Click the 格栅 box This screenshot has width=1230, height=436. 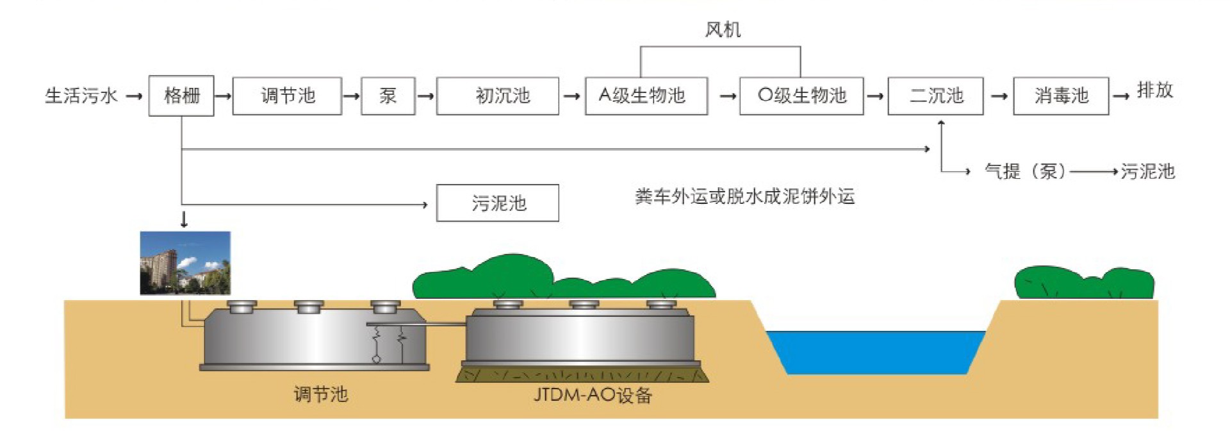pyautogui.click(x=181, y=96)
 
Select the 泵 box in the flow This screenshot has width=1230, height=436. pyautogui.click(x=388, y=96)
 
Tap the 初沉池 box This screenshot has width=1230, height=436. pyautogui.click(x=498, y=96)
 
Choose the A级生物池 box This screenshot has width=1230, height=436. pyautogui.click(x=646, y=96)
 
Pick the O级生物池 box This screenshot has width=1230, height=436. pyautogui.click(x=801, y=96)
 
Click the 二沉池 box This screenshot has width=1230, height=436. pyautogui.click(x=935, y=96)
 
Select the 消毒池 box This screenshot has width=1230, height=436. pyautogui.click(x=1061, y=96)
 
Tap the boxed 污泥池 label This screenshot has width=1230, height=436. pyautogui.click(x=498, y=203)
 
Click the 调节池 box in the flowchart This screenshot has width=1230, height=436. pyautogui.click(x=287, y=96)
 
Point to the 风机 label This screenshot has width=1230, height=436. pyautogui.click(x=723, y=29)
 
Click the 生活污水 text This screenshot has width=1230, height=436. pyautogui.click(x=81, y=96)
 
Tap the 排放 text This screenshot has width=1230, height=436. pyautogui.click(x=1155, y=90)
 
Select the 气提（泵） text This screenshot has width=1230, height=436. pyautogui.click(x=1025, y=171)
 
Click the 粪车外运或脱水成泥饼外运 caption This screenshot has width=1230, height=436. pyautogui.click(x=745, y=196)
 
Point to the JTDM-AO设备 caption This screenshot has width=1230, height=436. pyautogui.click(x=593, y=394)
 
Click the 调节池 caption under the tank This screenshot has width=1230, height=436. pyautogui.click(x=321, y=394)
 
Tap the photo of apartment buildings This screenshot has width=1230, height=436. pyautogui.click(x=185, y=263)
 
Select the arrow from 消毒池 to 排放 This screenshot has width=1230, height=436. pyautogui.click(x=1121, y=96)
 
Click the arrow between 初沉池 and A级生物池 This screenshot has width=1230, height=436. pyautogui.click(x=572, y=96)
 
